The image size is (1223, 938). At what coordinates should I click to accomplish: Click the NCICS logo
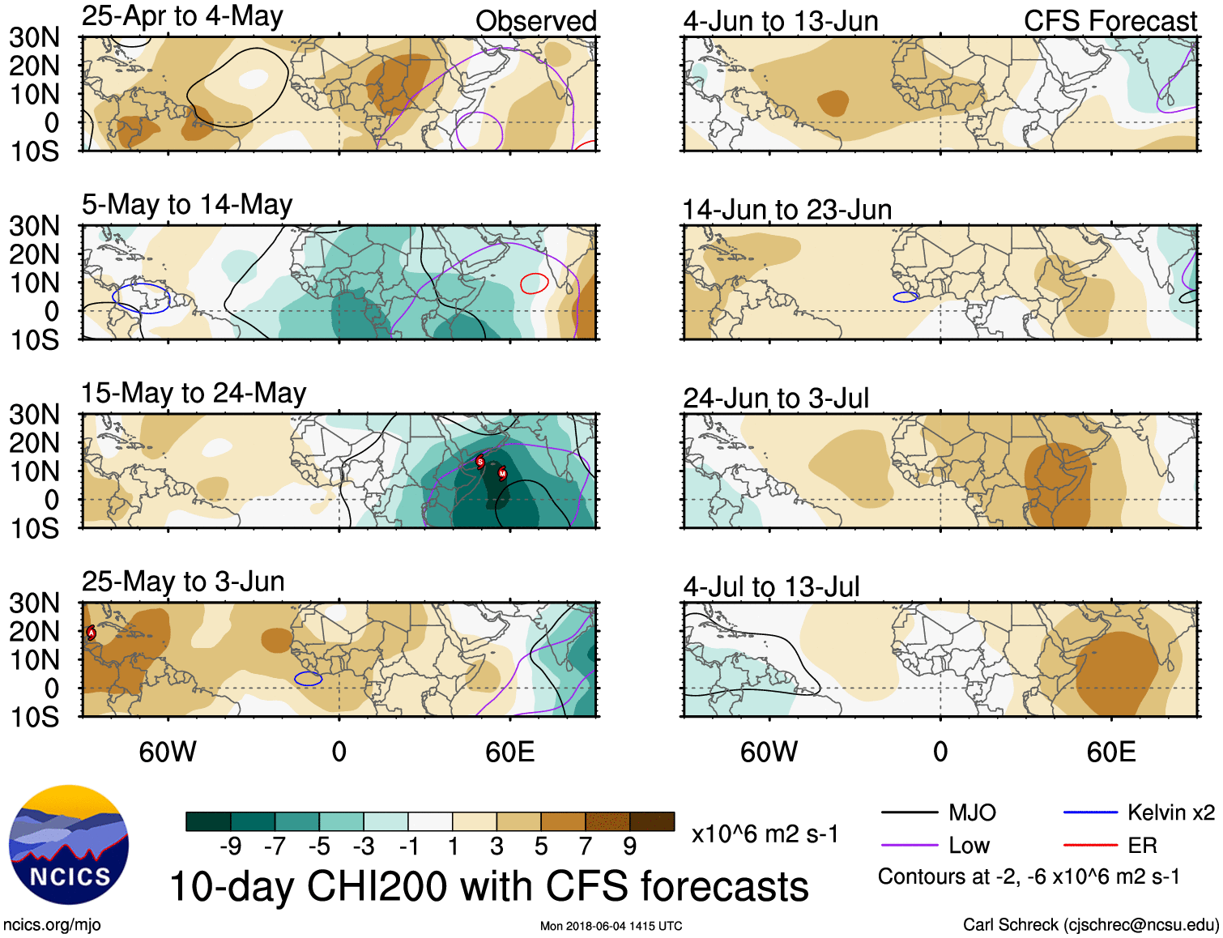(69, 845)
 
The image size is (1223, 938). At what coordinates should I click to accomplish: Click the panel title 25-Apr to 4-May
(182, 16)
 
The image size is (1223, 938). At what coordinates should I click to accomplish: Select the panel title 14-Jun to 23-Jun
(786, 210)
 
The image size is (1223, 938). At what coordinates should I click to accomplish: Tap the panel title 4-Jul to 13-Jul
(771, 586)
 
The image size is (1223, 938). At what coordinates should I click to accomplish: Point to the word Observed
(535, 21)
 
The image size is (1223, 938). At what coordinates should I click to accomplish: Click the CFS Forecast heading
(1110, 21)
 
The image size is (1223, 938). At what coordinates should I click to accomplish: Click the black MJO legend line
(909, 812)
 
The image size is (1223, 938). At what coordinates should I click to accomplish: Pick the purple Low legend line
(909, 846)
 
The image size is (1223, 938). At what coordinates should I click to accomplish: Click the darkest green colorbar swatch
(207, 821)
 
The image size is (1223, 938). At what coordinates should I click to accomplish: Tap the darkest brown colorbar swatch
(652, 821)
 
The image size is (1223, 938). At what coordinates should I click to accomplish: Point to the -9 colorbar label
(231, 846)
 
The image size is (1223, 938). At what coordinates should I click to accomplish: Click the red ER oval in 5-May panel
(535, 284)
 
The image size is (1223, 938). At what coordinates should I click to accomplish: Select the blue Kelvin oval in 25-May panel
(308, 679)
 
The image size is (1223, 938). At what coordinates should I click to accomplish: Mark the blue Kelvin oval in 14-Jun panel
(906, 297)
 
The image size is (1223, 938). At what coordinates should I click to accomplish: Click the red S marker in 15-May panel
(480, 462)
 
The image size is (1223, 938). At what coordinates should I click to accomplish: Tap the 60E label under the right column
(1110, 753)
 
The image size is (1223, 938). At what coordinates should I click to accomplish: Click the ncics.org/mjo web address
(52, 925)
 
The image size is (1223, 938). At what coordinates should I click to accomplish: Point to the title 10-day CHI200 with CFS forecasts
(489, 886)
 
